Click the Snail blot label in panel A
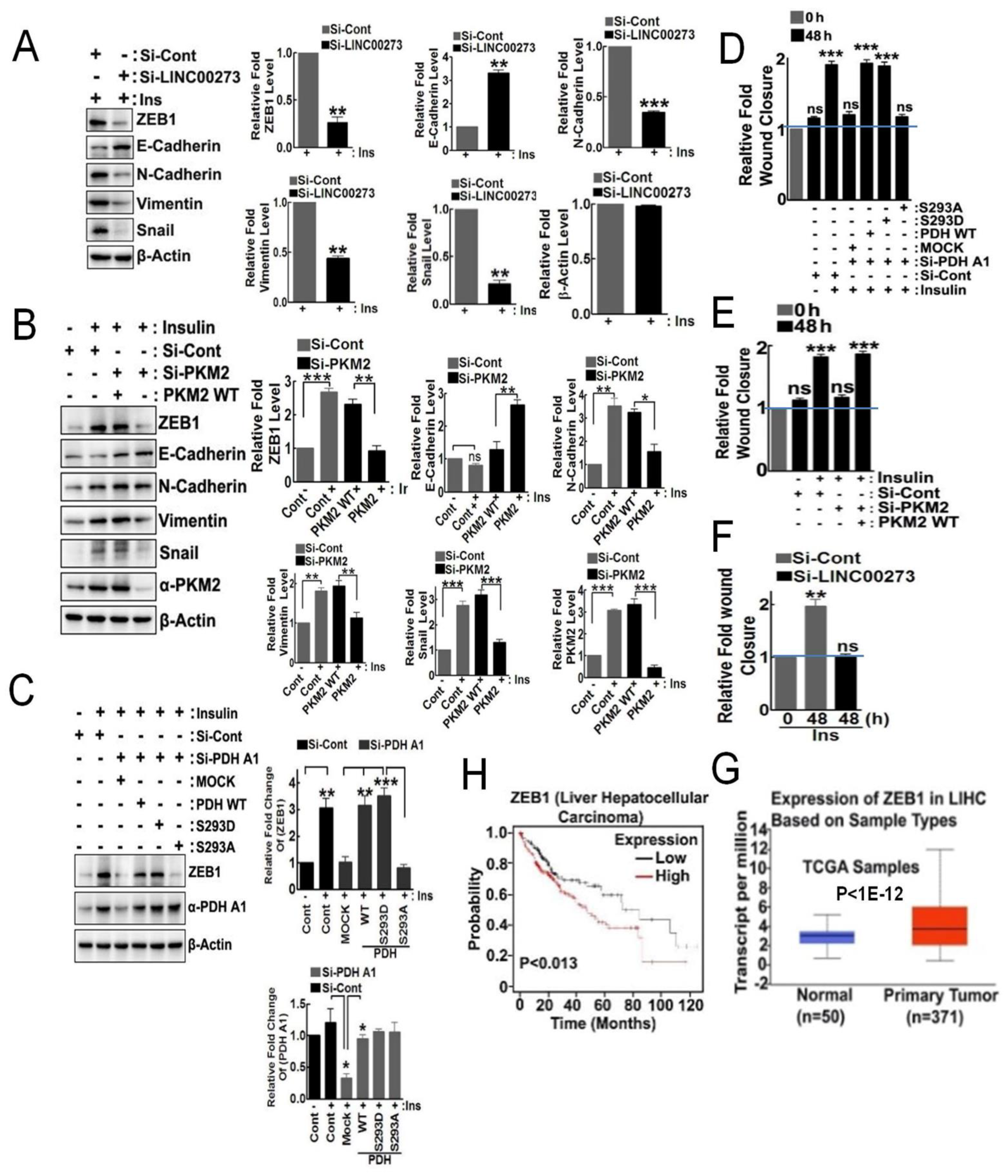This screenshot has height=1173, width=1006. point(155,231)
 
